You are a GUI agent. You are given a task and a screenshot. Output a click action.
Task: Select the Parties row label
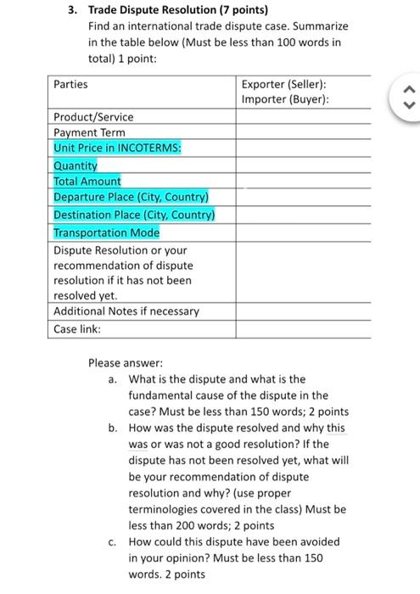click(70, 85)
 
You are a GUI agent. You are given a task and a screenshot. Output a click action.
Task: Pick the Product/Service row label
click(93, 116)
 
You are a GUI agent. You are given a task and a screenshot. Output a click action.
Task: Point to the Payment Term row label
click(89, 132)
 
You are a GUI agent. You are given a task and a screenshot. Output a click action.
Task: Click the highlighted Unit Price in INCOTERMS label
click(118, 148)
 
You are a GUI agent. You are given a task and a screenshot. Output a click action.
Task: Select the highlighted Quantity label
click(76, 165)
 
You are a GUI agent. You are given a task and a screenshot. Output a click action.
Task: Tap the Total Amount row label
click(87, 181)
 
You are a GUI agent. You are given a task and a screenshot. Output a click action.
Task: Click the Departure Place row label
click(132, 197)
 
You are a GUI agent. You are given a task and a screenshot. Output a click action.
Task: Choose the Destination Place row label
click(134, 215)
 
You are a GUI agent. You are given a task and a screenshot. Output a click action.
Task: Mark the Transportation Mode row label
click(106, 232)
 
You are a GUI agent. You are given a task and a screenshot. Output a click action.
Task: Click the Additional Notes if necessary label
click(126, 311)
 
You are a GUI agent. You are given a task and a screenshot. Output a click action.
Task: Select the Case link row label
click(77, 328)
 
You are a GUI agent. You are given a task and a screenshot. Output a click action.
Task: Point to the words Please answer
click(120, 363)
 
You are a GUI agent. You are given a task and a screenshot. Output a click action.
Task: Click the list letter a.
click(113, 379)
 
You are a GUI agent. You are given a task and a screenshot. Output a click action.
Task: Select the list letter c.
click(113, 541)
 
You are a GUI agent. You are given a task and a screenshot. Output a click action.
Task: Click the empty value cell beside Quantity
click(303, 165)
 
